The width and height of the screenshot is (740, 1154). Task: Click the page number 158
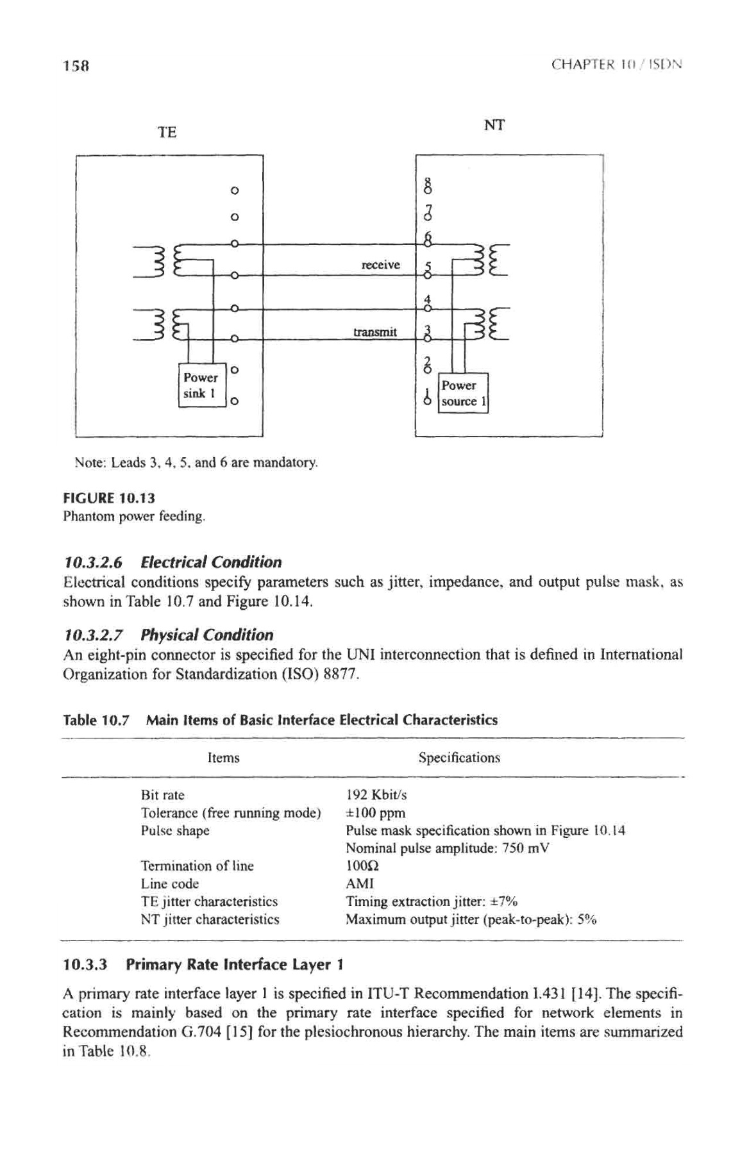[76, 65]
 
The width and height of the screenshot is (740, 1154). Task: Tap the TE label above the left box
[167, 133]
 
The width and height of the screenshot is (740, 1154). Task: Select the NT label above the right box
[494, 125]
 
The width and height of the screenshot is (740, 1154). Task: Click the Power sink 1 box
[201, 385]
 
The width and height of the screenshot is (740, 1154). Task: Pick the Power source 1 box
[463, 393]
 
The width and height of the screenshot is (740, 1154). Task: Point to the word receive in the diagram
[381, 265]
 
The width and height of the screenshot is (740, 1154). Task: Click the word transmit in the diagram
[375, 332]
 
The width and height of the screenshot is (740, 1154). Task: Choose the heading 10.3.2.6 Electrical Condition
[172, 562]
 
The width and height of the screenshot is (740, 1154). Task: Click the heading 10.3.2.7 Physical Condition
[169, 635]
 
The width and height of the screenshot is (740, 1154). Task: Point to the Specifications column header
[459, 758]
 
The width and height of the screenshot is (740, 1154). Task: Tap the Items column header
[223, 758]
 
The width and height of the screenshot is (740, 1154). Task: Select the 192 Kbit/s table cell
[376, 795]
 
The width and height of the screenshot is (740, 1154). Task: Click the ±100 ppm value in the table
[375, 813]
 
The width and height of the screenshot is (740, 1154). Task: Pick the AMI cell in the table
[360, 883]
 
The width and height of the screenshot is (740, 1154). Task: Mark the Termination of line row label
[197, 866]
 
